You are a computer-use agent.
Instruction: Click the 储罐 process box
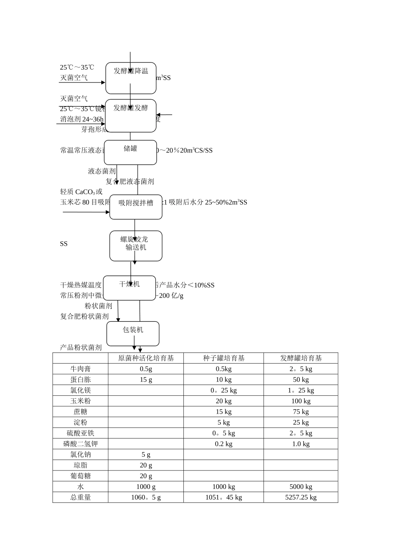tap(130, 152)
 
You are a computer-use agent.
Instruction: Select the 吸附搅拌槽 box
tap(136, 207)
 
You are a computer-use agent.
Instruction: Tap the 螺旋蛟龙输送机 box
tap(136, 246)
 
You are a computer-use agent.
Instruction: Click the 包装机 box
tap(133, 333)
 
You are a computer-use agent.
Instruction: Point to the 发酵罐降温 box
tap(131, 78)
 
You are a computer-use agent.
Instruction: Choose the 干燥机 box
tap(130, 288)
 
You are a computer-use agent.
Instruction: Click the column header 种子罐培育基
tap(223, 358)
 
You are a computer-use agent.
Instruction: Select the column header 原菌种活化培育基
tap(146, 358)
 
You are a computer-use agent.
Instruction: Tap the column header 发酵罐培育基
tap(301, 358)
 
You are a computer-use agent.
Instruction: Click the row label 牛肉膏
tap(80, 369)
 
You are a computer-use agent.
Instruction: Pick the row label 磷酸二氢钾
tap(80, 444)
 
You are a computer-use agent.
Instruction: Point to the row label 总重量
tap(80, 497)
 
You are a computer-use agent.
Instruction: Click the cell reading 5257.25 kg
tap(301, 497)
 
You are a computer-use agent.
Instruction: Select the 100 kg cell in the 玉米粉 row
tap(301, 401)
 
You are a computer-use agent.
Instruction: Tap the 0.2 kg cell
tap(223, 444)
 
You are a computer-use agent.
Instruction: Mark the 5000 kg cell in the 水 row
tap(301, 487)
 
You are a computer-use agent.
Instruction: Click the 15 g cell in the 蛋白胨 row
tap(146, 380)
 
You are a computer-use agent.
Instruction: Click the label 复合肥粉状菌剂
tap(84, 317)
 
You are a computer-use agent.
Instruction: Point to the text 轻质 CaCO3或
tap(81, 192)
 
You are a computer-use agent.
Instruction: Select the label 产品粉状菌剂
tap(81, 347)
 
